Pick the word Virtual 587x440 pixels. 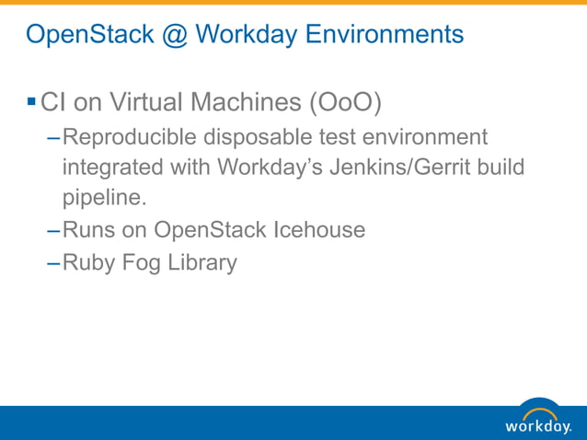coord(149,101)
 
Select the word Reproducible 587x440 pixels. coord(130,137)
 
